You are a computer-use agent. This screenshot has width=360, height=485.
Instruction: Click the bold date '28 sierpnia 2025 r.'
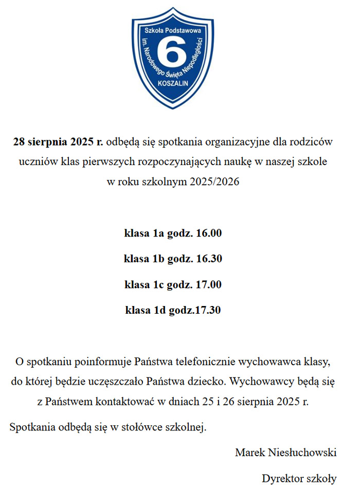[x=58, y=141]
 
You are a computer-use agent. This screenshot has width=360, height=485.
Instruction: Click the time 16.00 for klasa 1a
[x=209, y=233]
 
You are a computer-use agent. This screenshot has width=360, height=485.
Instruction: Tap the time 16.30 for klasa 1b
[x=209, y=259]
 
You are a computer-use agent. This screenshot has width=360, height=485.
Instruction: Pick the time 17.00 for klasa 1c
[x=209, y=284]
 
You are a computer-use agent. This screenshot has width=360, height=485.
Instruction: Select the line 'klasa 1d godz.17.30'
[x=173, y=310]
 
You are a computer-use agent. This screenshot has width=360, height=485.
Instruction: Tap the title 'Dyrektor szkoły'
[x=299, y=478]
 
